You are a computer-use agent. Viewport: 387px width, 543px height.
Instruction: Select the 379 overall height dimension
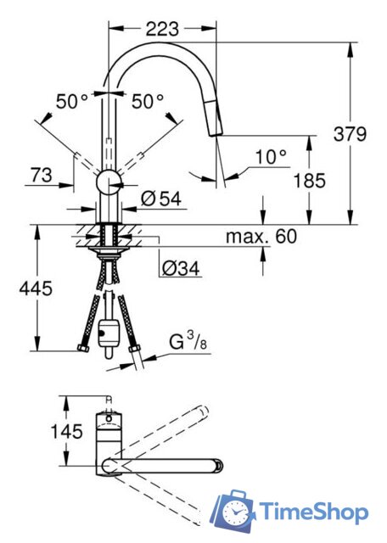350,133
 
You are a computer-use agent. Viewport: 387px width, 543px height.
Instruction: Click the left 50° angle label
72,101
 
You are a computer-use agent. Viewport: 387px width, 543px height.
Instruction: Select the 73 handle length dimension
40,175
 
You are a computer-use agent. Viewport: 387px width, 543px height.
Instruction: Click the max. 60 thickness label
261,237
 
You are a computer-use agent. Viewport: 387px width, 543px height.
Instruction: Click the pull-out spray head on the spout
216,127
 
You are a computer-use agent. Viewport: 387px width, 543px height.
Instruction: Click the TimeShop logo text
314,512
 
